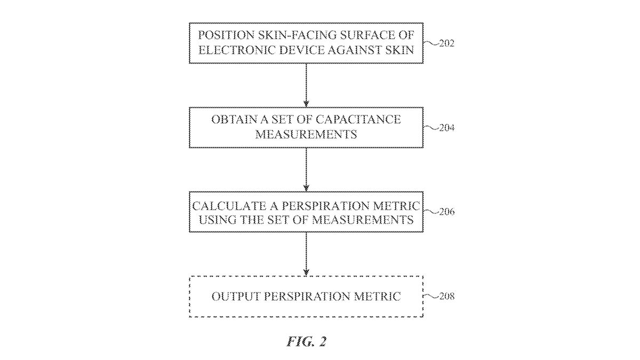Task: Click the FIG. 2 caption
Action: (306, 342)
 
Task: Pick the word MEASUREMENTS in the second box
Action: (306, 134)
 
